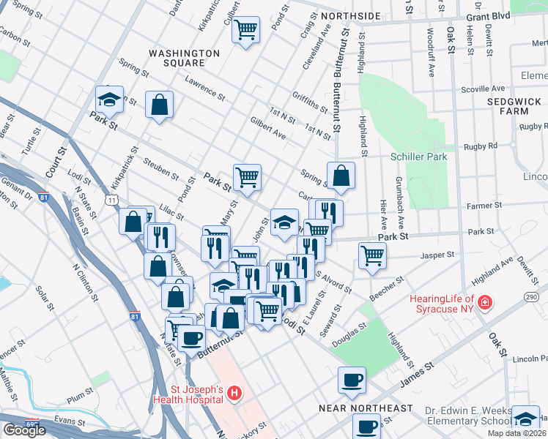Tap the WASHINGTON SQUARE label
[x=184, y=59]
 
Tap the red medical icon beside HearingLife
[x=484, y=301]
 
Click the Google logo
[x=24, y=430]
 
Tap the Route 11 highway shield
[x=111, y=199]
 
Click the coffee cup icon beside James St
[x=352, y=379]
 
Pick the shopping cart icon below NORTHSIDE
[x=246, y=29]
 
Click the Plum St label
[x=77, y=399]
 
